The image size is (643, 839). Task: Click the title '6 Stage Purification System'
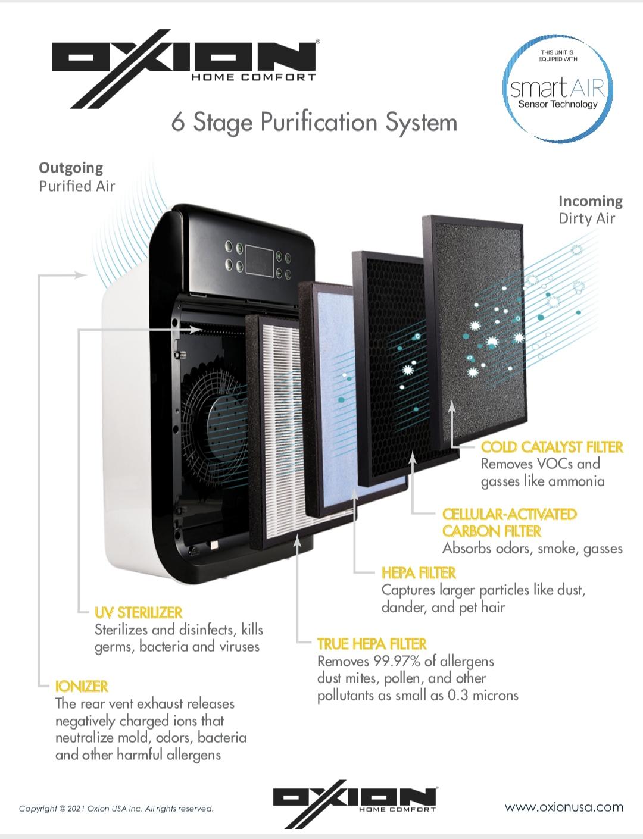pos(314,123)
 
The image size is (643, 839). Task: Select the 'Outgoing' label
pos(71,168)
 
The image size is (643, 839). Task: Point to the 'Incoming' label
pos(590,201)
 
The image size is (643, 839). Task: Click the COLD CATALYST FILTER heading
pos(552,447)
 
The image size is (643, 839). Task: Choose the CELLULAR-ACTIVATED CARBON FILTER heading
pos(509,522)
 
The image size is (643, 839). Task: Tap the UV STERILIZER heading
pos(138,612)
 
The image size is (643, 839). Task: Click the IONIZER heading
pos(82,686)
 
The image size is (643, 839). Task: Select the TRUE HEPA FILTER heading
pos(372,644)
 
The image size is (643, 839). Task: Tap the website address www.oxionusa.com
pos(564,807)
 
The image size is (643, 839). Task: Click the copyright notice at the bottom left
pos(116,809)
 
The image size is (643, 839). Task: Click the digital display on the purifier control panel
pos(257,260)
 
